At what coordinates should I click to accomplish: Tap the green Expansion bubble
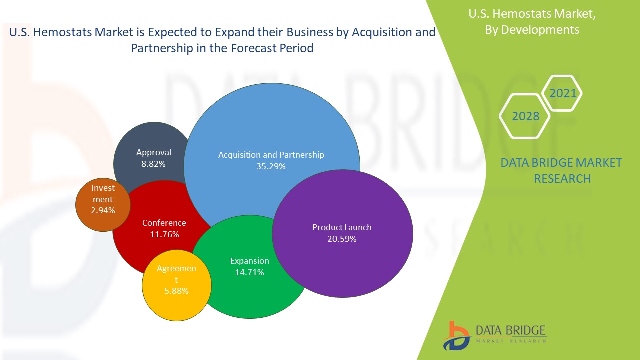250,290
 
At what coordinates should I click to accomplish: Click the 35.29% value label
271,166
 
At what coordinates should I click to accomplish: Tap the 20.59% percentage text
342,239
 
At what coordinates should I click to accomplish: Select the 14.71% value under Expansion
249,272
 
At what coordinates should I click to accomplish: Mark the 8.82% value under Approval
153,163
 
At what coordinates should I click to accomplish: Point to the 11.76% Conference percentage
164,234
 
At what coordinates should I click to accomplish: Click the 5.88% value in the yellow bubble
176,290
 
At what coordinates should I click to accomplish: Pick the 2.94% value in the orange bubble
103,210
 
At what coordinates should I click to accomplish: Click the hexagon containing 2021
563,93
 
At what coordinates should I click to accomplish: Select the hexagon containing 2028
525,116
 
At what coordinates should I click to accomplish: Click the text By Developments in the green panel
532,30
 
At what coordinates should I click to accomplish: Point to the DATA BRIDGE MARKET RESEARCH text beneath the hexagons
561,170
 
